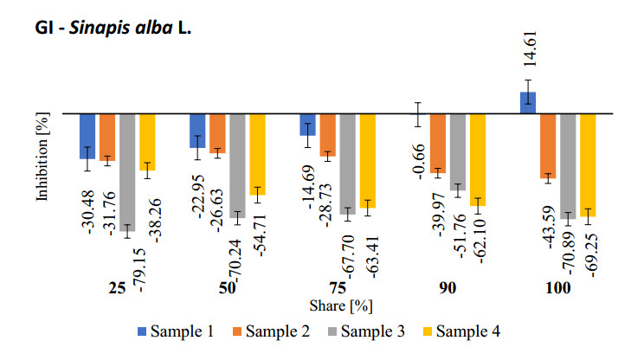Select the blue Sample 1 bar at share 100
click(528, 102)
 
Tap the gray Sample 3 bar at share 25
click(127, 171)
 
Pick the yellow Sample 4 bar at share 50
click(257, 153)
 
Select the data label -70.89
click(568, 252)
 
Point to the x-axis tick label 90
click(447, 288)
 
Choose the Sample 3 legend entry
click(377, 331)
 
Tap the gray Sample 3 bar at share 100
click(568, 164)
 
